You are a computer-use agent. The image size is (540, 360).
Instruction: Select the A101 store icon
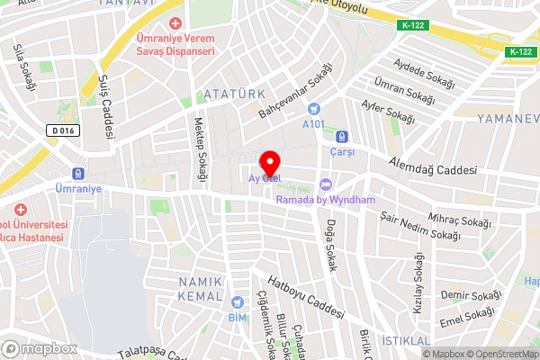314,109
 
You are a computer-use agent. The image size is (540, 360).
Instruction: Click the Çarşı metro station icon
342,137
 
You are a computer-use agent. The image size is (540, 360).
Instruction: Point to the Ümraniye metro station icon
79,174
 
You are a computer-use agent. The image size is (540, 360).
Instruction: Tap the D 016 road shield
64,130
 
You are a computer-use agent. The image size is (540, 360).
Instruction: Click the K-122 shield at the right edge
519,51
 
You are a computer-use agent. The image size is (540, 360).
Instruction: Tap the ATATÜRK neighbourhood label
233,94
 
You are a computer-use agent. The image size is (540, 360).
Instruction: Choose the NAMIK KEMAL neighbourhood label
201,289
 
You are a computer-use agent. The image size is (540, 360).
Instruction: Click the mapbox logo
40,347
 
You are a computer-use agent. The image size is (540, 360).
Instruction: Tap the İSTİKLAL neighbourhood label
407,340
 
